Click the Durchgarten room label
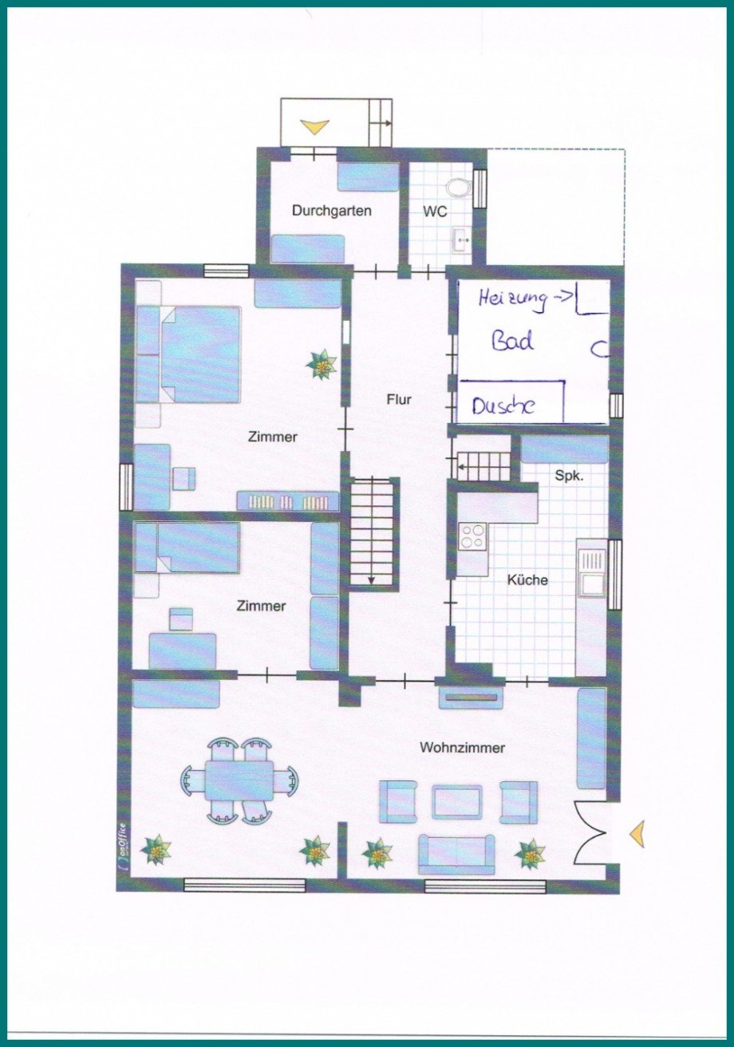click(332, 211)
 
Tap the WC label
click(435, 211)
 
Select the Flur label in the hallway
click(399, 400)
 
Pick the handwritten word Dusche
click(502, 405)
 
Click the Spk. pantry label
click(569, 476)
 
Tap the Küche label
click(527, 580)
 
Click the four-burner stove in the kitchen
click(472, 537)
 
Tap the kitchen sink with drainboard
click(592, 573)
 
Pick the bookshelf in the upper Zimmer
click(288, 501)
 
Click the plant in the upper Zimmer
click(322, 365)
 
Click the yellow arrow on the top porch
click(314, 127)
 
